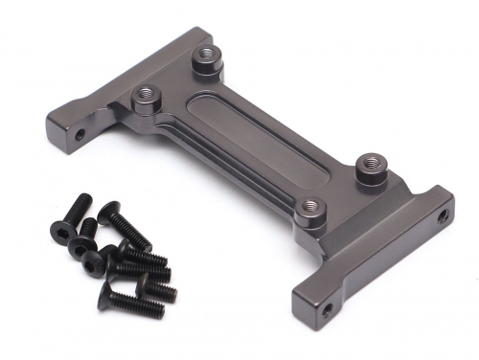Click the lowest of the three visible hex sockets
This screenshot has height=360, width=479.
click(x=95, y=267)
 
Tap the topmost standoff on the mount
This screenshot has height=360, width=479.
click(x=204, y=59)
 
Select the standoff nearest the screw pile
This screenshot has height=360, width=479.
click(x=146, y=95)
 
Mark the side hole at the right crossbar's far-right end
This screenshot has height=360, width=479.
click(x=442, y=216)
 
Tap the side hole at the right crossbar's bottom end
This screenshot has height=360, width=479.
click(x=327, y=309)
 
